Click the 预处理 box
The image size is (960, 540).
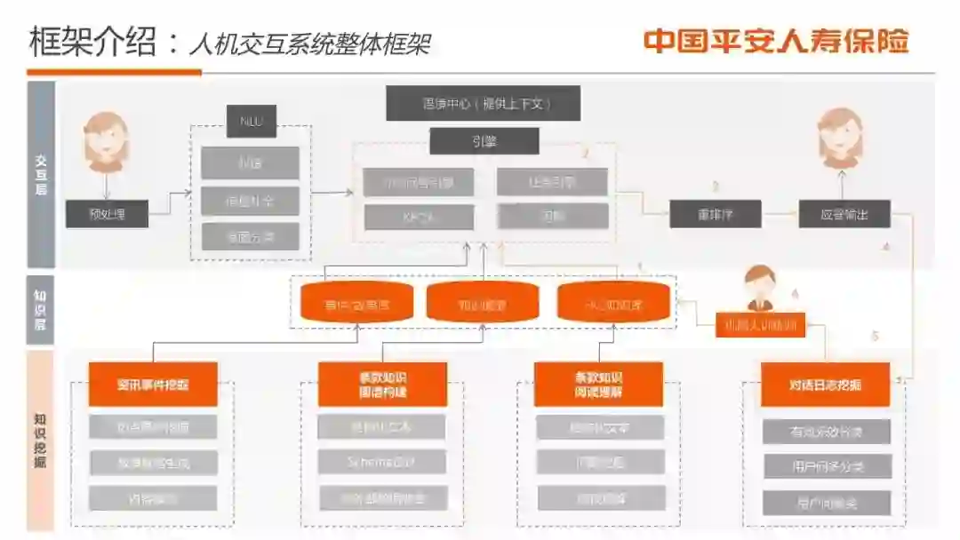107,214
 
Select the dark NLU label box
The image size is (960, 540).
252,122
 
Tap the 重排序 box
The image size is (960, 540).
715,214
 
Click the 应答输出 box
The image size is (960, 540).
844,214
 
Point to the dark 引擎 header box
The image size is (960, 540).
484,141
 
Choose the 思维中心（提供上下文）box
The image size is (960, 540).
484,103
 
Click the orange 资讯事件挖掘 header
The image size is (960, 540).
153,385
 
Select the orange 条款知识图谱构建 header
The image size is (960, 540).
382,385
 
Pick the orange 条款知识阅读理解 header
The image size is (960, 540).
598,385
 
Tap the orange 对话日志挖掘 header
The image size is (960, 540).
825,385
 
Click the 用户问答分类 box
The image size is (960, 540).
827,466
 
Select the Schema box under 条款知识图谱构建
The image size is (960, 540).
382,462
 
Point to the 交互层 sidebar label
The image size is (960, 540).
41,174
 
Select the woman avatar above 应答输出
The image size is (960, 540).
839,138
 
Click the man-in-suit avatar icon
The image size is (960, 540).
759,288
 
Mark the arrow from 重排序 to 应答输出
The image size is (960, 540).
780,214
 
